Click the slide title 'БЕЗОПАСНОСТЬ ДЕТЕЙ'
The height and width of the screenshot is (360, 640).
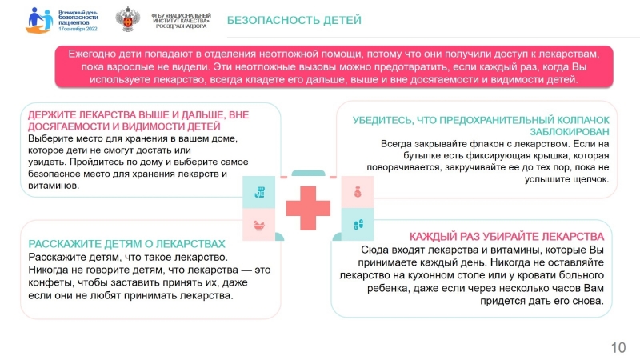coord(294,20)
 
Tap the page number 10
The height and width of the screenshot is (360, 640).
coord(618,348)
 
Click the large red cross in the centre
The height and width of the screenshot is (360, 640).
coord(308,208)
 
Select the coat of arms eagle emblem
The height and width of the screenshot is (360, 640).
coord(127,18)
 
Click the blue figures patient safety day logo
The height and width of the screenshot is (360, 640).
coord(40,20)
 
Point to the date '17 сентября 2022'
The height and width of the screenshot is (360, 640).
coord(78,29)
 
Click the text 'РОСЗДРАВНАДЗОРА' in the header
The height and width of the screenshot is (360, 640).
coord(182,26)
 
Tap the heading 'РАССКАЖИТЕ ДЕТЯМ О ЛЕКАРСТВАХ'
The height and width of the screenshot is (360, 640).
coord(126,244)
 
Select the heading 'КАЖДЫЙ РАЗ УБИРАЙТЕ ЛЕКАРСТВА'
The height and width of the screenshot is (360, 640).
coord(506,237)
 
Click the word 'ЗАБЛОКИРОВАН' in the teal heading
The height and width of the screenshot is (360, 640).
coord(570,132)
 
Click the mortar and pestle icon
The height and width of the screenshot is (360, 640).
coord(258,225)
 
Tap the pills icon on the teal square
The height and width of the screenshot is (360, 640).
coord(358,224)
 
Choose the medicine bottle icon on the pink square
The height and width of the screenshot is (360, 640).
coord(358,192)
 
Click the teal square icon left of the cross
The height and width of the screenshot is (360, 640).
coord(258,192)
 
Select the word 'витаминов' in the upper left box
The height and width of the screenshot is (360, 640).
coord(54,186)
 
